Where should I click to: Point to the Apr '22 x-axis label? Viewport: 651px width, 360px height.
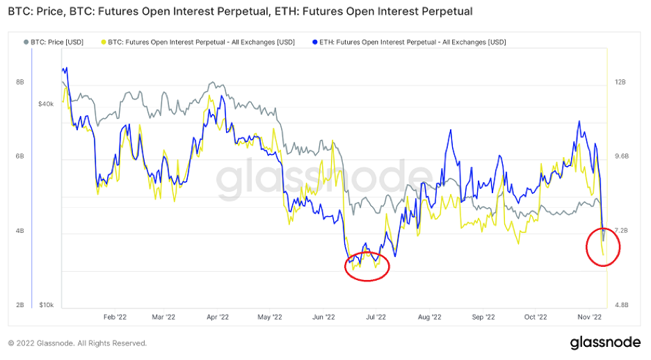pos(218,317)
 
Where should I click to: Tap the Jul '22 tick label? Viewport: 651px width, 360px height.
pos(376,317)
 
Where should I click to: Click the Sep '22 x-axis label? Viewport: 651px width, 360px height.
pos(483,317)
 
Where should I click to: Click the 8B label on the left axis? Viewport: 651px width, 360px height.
pos(20,82)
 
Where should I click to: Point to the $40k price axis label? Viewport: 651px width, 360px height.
pos(46,104)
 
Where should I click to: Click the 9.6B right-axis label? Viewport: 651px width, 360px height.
pos(620,156)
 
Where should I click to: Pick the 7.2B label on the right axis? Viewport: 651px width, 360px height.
pos(620,230)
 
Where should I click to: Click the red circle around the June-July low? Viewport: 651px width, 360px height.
pos(367,265)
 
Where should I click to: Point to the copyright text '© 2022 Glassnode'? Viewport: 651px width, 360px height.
pos(77,343)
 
